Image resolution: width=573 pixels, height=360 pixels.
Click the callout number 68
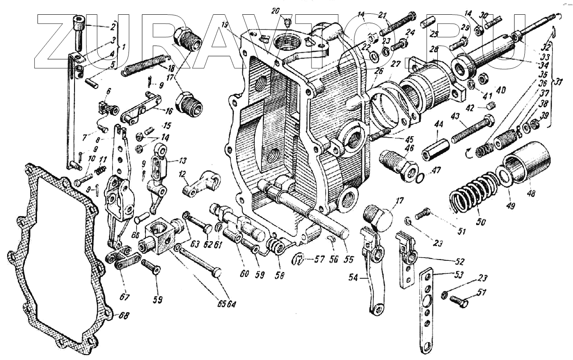pos(124,316)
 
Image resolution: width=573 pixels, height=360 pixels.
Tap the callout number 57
pos(319,259)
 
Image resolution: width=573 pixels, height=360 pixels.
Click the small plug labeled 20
pos(288,21)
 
